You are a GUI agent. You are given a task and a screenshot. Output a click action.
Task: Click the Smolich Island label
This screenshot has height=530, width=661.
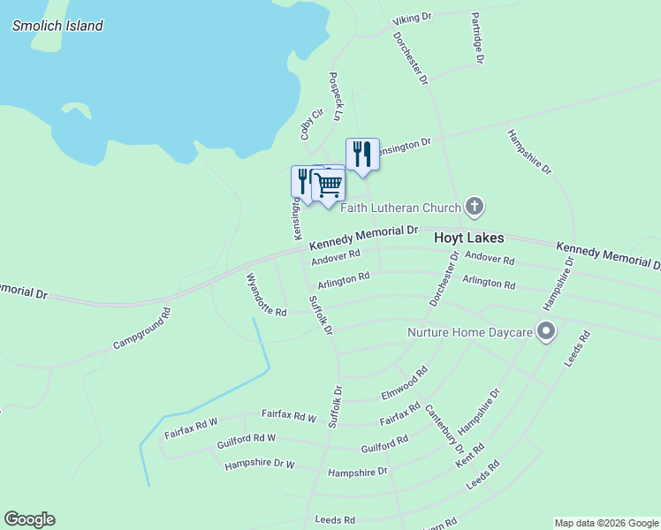tap(57, 26)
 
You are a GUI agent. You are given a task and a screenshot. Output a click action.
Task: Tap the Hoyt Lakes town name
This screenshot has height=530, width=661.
tap(468, 238)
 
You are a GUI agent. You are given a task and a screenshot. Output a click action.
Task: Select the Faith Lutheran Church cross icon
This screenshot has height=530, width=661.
tap(475, 208)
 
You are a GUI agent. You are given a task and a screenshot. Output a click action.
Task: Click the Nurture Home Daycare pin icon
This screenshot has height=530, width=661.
tap(546, 332)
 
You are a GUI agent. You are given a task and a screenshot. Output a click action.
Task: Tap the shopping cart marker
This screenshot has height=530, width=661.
tap(329, 185)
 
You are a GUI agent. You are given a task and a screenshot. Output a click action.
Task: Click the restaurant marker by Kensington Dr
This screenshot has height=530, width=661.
tap(362, 154)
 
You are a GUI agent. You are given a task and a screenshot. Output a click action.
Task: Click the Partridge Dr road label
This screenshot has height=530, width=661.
tap(477, 39)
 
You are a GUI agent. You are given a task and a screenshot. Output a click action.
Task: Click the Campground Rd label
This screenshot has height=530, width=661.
tap(141, 329)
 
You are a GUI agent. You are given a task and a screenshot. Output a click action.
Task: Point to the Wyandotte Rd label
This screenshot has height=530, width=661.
tap(266, 295)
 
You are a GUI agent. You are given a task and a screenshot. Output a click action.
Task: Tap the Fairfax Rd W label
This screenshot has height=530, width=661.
tap(289, 415)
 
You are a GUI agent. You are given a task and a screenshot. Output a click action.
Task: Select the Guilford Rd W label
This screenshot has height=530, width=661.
tap(246, 439)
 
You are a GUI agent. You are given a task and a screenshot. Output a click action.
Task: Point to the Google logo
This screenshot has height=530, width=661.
tap(29, 519)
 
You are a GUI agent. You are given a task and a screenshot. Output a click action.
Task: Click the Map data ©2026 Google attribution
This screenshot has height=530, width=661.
tap(605, 523)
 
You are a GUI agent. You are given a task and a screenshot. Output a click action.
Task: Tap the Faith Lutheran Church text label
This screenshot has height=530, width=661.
tap(400, 208)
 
